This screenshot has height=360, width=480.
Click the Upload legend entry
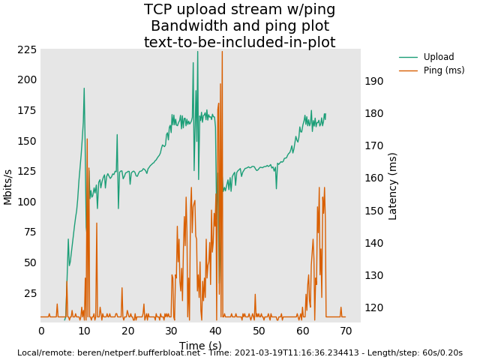click(439, 57)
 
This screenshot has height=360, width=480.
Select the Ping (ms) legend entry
click(443, 70)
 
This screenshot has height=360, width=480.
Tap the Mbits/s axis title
click(8, 186)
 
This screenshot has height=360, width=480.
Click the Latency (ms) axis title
click(393, 186)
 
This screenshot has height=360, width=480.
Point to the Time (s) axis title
click(200, 346)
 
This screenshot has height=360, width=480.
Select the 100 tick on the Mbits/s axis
click(28, 202)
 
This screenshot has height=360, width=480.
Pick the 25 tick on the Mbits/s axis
click(31, 292)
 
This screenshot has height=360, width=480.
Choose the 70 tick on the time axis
click(346, 331)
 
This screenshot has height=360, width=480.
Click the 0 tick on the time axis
click(41, 331)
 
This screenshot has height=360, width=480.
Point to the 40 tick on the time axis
click(215, 331)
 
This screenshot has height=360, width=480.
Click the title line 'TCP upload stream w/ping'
click(240, 10)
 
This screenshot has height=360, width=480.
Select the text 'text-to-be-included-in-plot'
click(240, 43)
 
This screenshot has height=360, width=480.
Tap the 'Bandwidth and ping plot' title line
click(240, 26)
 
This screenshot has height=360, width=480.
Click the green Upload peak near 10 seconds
click(84, 89)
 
